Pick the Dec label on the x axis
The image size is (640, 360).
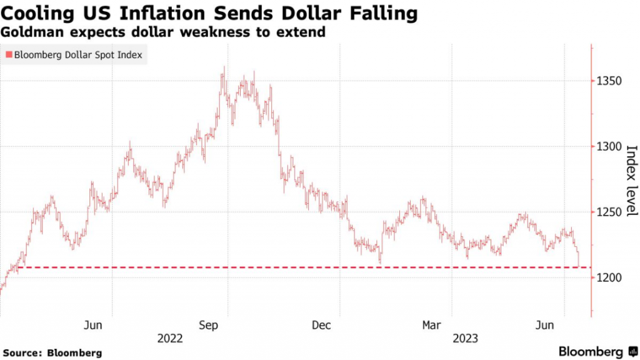pyautogui.click(x=321, y=325)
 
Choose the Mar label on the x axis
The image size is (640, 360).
pyautogui.click(x=431, y=325)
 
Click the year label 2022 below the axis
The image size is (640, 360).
pyautogui.click(x=170, y=339)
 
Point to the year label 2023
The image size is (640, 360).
pyautogui.click(x=466, y=339)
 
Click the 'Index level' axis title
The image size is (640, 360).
pyautogui.click(x=631, y=181)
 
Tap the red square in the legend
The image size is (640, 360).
pyautogui.click(x=8, y=55)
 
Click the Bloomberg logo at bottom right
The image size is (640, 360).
pyautogui.click(x=597, y=351)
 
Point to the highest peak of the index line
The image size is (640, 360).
pyautogui.click(x=223, y=67)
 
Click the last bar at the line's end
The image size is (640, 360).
pyautogui.click(x=579, y=257)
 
